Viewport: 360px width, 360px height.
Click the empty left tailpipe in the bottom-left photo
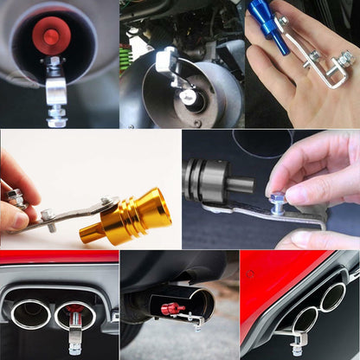pyautogui.click(x=30, y=314)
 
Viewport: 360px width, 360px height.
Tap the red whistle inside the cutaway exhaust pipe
pyautogui.click(x=171, y=309)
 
